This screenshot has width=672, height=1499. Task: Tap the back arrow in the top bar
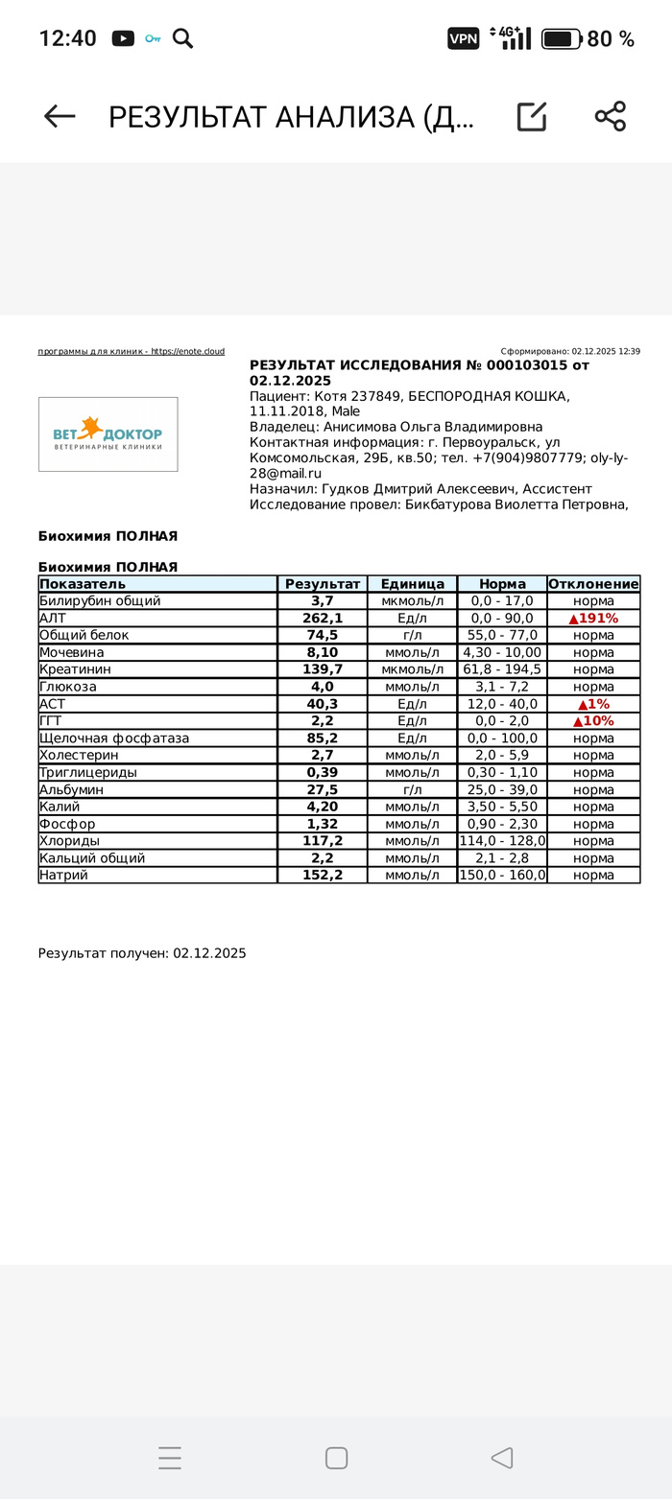coord(60,116)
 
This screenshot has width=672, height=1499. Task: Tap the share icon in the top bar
coord(610,116)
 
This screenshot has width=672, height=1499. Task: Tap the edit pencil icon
coord(531,116)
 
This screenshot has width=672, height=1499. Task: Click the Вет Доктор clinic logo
coord(108,434)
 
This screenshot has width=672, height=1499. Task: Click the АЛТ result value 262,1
coord(323,619)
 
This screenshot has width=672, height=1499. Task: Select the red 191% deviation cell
coord(593,619)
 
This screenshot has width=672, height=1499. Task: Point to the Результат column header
coord(323,584)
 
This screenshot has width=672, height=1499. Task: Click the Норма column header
coord(502,584)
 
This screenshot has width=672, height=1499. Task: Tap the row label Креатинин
coord(75,669)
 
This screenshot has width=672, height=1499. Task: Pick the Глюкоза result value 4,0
coord(323,687)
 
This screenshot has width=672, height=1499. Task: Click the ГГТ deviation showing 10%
coord(593,721)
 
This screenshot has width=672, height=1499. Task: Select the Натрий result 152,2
coord(323,876)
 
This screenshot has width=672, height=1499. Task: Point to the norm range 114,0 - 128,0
coord(502,841)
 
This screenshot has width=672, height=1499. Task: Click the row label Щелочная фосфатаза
coord(114,738)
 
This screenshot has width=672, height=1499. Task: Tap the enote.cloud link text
coord(187,352)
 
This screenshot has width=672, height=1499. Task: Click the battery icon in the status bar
coord(561,38)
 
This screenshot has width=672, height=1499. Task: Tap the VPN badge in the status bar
coord(463,38)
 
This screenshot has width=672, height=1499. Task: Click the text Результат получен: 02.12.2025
coord(142,953)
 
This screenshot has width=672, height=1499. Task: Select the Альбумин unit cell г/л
coord(412,790)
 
